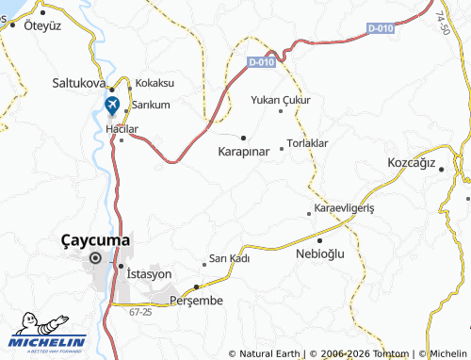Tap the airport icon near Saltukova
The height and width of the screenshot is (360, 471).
(x=112, y=103)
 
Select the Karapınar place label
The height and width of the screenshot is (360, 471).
(x=244, y=151)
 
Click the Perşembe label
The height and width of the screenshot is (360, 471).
(x=196, y=300)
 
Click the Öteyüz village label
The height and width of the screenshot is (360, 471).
(x=41, y=25)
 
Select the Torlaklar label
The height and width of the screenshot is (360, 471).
(x=307, y=143)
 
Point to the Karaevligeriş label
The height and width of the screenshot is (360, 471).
(x=344, y=207)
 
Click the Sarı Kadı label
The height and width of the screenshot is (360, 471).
(x=229, y=258)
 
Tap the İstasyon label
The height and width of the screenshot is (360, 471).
(x=149, y=273)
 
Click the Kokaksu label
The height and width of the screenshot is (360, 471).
(x=155, y=83)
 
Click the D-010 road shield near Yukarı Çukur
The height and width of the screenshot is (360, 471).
(x=263, y=62)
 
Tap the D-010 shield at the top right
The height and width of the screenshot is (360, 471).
(x=380, y=29)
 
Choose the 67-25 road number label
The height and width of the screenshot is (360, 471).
(x=140, y=311)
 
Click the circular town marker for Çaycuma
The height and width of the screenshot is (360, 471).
(x=95, y=257)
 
